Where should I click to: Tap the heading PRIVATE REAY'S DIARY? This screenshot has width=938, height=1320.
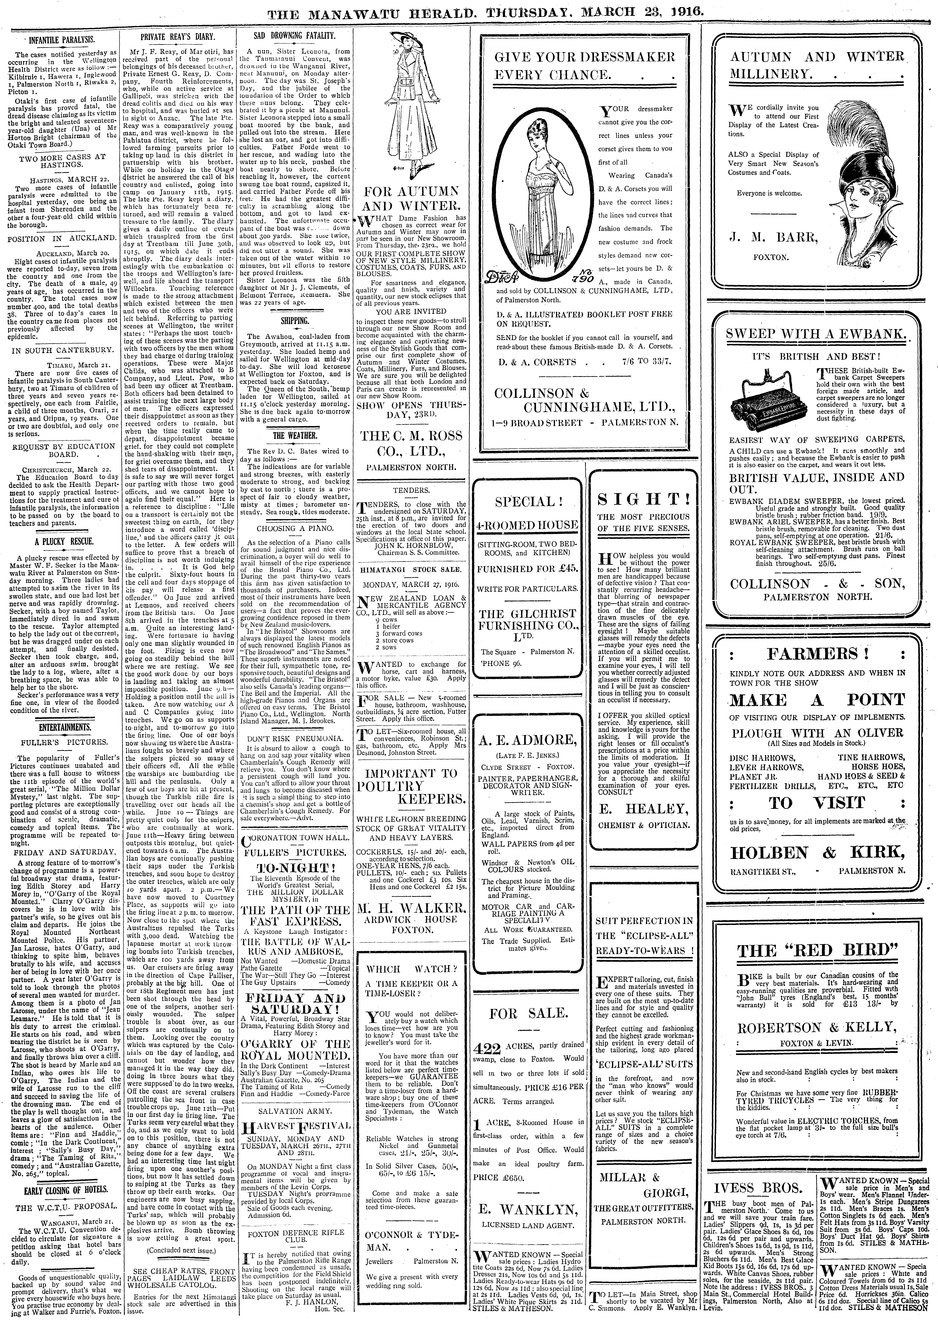(x=178, y=36)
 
